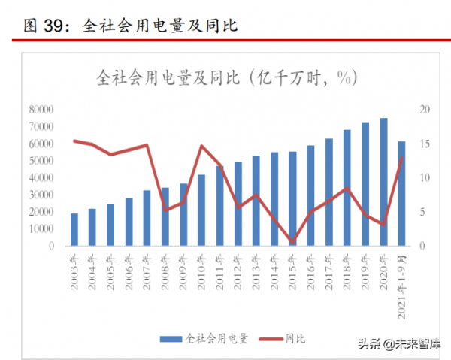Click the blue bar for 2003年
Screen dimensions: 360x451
[x=74, y=229]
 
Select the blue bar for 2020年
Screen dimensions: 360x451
[x=383, y=182]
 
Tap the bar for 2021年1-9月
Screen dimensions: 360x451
[x=401, y=193]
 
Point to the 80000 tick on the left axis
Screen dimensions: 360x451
[x=40, y=110]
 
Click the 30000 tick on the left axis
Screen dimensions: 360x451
[x=40, y=195]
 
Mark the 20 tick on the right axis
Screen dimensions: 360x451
[x=425, y=110]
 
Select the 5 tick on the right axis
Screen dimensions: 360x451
[x=422, y=212]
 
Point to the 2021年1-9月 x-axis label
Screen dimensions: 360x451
[x=402, y=277]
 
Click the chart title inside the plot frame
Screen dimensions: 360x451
[x=226, y=77]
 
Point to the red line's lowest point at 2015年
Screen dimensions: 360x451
[x=292, y=241]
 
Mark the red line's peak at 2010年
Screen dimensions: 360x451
[x=201, y=146]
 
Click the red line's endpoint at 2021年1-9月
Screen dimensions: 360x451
[x=402, y=157]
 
